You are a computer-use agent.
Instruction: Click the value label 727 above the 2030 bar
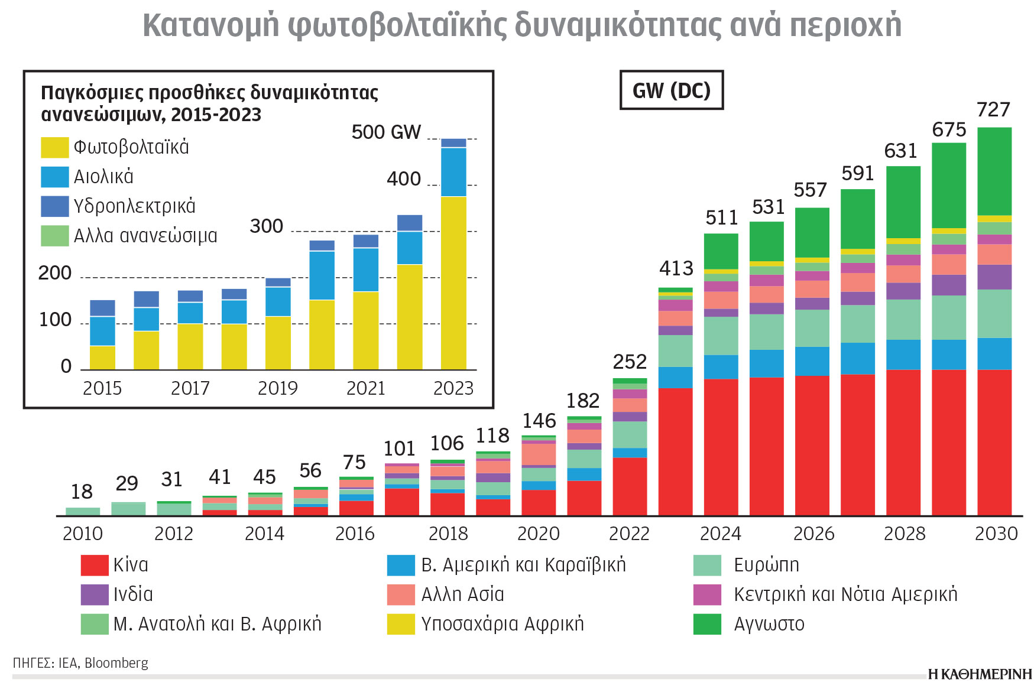993,110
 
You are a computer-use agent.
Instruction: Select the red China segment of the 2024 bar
721,447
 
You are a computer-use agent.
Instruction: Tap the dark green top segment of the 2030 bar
994,171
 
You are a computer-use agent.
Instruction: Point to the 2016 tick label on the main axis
355,534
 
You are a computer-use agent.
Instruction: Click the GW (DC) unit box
671,90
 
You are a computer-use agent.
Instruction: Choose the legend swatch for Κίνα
95,565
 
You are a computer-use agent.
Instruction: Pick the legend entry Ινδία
132,594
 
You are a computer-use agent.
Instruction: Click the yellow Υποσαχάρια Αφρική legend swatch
401,624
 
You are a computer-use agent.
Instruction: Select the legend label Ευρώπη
766,565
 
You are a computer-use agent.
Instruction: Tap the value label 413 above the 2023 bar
676,268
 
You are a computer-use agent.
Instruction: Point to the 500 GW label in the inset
386,132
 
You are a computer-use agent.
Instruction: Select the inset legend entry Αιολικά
103,177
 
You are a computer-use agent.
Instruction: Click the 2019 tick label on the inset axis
277,388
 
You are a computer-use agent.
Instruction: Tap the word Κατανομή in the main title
210,25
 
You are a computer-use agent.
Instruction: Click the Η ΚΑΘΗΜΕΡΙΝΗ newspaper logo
979,674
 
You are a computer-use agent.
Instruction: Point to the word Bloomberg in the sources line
116,663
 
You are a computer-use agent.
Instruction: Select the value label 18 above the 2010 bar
82,492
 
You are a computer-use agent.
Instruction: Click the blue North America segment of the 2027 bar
857,358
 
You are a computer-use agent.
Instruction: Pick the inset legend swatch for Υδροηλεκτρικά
54,206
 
